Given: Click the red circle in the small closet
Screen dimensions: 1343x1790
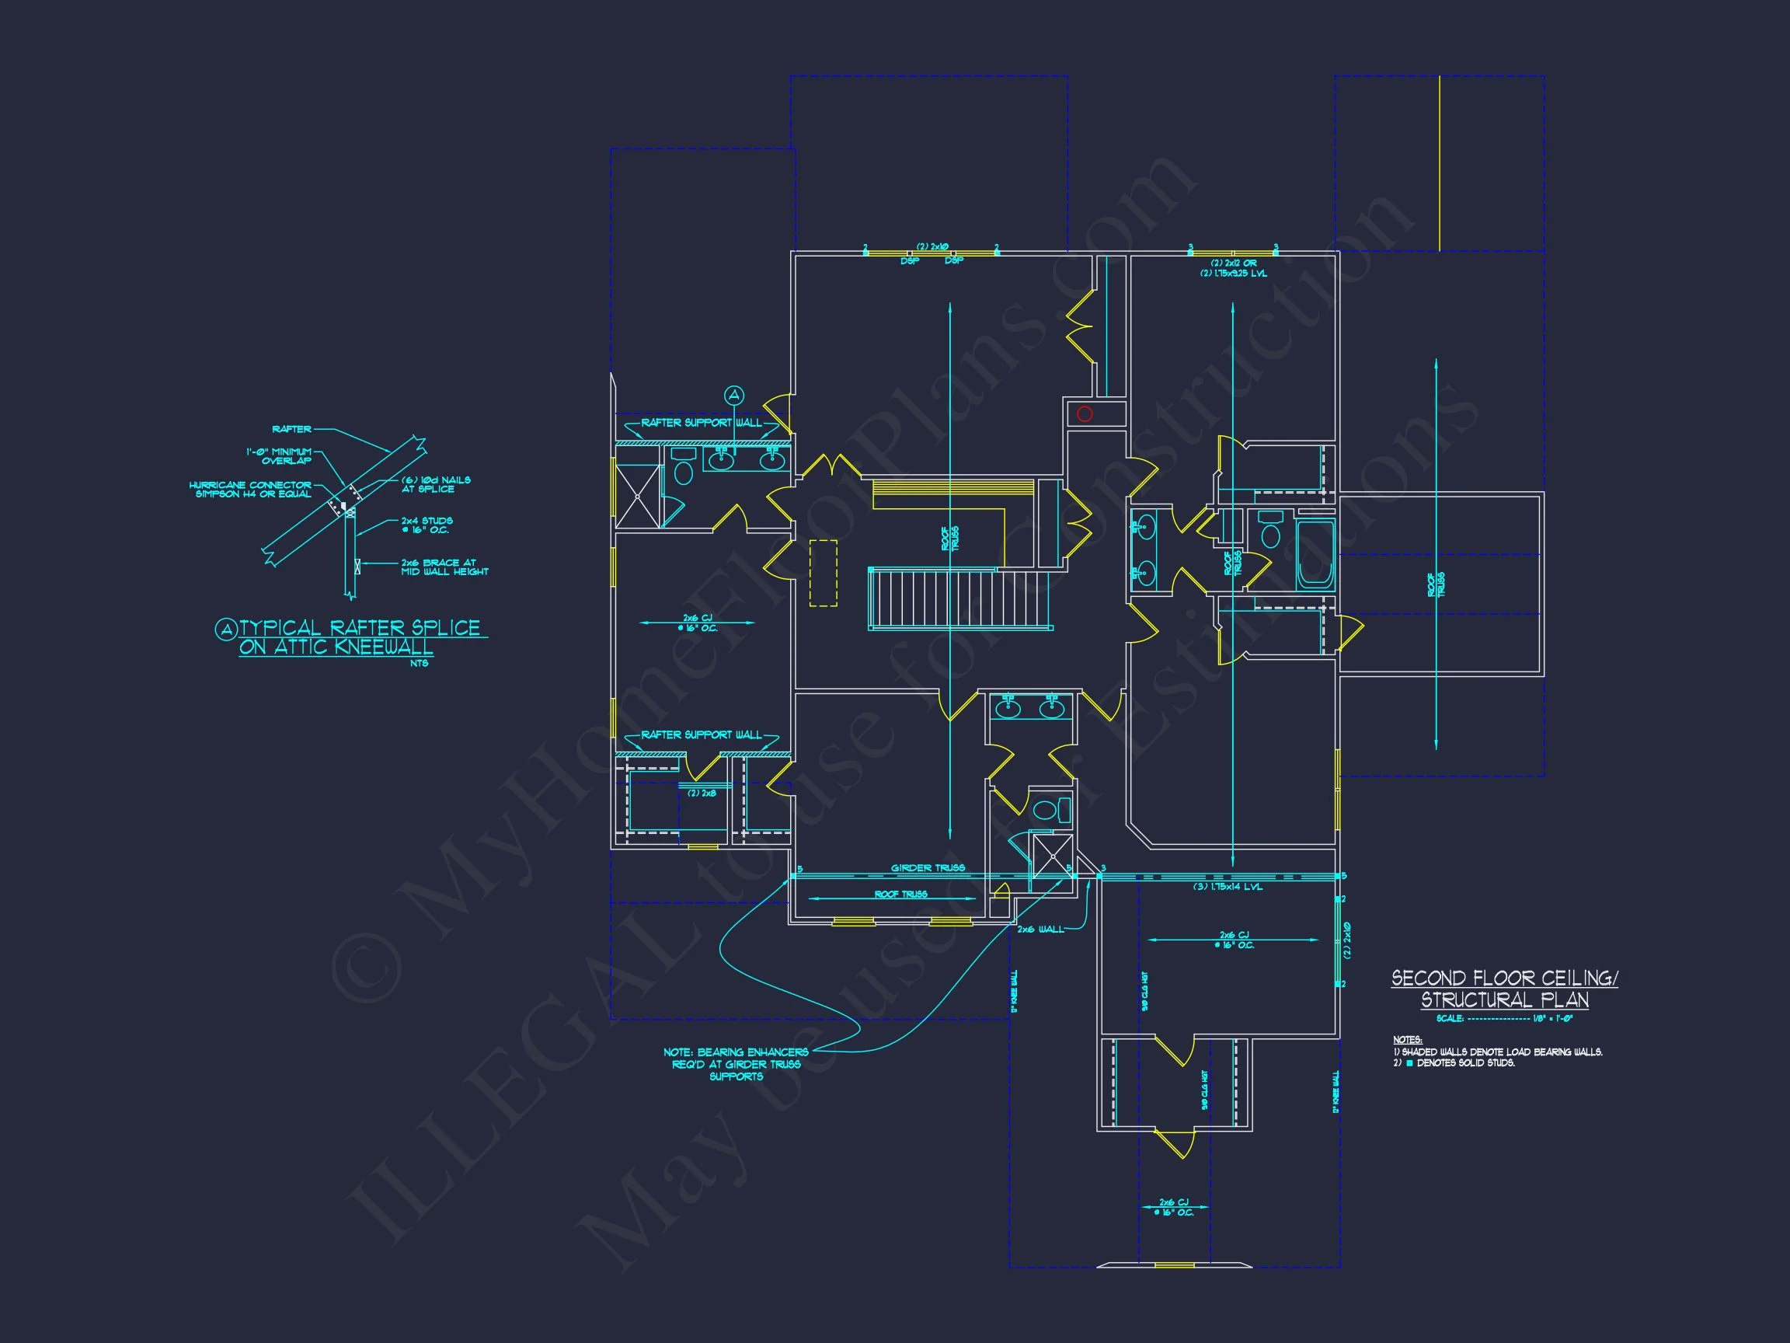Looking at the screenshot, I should point(1085,413).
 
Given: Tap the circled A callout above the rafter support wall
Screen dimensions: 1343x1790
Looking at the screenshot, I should point(734,395).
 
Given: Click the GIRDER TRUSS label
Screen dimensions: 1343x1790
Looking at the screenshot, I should point(928,868).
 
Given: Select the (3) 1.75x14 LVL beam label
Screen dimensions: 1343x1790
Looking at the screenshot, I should point(1227,887).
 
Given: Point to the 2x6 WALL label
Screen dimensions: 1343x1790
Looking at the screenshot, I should point(1040,929).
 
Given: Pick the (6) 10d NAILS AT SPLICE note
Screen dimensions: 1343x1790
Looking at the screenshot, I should point(435,484).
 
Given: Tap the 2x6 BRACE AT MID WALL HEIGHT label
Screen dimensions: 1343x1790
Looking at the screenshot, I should point(444,567).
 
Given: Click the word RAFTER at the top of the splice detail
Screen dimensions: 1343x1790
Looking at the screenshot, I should point(291,429).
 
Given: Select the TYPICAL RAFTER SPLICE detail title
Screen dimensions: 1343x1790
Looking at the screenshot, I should point(350,637).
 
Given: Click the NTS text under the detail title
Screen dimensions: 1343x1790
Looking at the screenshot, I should point(420,663).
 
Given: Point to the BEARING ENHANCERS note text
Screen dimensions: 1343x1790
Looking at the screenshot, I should point(736,1064).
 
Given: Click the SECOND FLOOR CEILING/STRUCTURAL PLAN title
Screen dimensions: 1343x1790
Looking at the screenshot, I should point(1504,989).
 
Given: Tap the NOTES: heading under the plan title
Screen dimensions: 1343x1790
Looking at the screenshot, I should point(1407,1039).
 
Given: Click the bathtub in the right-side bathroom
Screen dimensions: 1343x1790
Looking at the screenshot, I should point(1315,556).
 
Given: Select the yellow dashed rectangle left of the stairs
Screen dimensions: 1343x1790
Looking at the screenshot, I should point(824,572).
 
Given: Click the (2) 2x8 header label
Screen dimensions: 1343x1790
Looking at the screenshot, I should point(702,794).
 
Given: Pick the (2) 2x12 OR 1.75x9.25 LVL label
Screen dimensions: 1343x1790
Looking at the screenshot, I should point(1233,268).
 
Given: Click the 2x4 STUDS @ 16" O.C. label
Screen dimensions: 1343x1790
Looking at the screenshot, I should point(427,525).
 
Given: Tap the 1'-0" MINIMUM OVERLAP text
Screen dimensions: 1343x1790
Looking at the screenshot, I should point(279,455).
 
